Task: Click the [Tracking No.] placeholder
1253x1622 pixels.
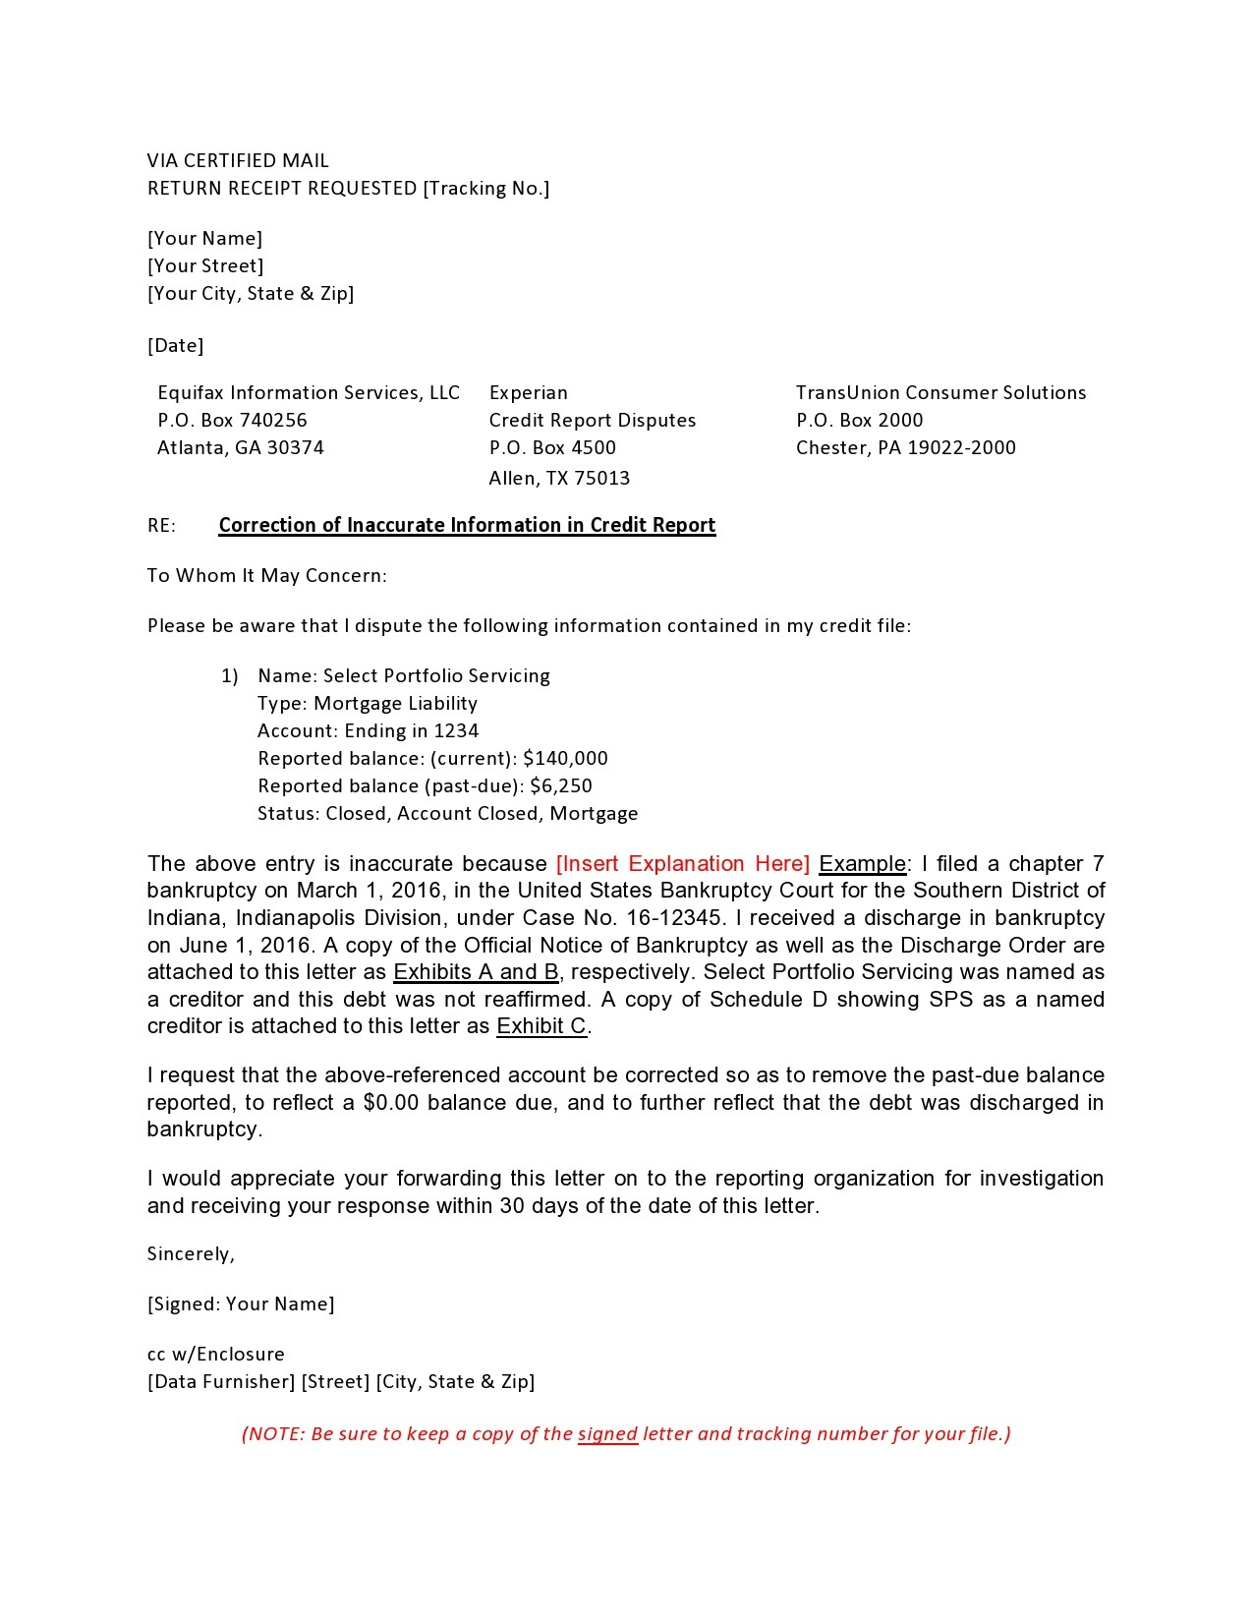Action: click(485, 189)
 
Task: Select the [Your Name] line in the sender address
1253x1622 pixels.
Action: click(204, 239)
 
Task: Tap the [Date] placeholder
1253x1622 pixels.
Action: click(175, 346)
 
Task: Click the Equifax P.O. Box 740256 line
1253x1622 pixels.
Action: click(232, 421)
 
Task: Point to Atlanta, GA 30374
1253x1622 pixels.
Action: click(240, 448)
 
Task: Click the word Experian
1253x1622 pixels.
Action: click(528, 393)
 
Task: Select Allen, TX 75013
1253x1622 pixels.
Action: click(559, 479)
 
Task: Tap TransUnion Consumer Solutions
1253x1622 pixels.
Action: click(940, 393)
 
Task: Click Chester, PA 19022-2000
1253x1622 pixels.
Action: click(905, 448)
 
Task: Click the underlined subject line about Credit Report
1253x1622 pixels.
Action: click(467, 525)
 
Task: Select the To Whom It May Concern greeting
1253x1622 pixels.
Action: click(266, 576)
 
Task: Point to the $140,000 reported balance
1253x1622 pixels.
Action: click(565, 759)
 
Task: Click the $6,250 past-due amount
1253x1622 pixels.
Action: click(560, 786)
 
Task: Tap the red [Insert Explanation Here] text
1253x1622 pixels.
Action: click(682, 864)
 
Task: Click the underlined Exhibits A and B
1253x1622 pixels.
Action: click(476, 972)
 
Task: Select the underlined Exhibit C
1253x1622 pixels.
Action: click(541, 1027)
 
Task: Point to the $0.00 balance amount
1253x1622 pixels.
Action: click(390, 1103)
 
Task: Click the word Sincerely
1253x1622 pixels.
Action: click(191, 1254)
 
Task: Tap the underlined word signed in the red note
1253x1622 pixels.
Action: click(607, 1434)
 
